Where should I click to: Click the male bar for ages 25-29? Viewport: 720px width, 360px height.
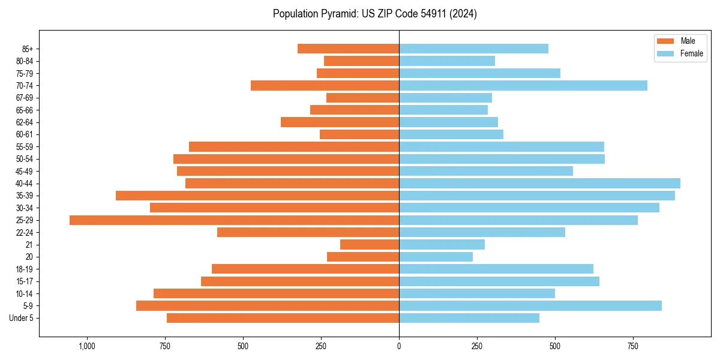click(x=234, y=220)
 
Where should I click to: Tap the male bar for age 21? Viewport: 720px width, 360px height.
click(x=370, y=245)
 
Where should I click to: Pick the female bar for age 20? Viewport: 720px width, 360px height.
click(x=436, y=257)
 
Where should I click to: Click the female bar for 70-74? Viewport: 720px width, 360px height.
click(x=523, y=85)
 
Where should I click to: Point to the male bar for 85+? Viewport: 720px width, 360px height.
click(x=348, y=49)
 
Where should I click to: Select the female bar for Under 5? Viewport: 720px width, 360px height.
click(x=469, y=318)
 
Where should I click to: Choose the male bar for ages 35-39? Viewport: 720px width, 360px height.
click(x=257, y=196)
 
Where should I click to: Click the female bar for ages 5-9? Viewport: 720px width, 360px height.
click(x=530, y=306)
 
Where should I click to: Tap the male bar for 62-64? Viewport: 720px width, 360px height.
click(x=340, y=122)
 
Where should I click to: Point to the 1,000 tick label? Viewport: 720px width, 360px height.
click(x=87, y=346)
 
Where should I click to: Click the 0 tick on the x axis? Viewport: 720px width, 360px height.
click(x=399, y=346)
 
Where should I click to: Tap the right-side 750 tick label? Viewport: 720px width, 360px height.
click(x=632, y=346)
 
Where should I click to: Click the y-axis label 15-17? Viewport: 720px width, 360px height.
click(x=25, y=281)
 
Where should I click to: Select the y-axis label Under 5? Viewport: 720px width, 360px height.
click(x=22, y=318)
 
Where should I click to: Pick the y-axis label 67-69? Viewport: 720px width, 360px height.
click(x=25, y=98)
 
